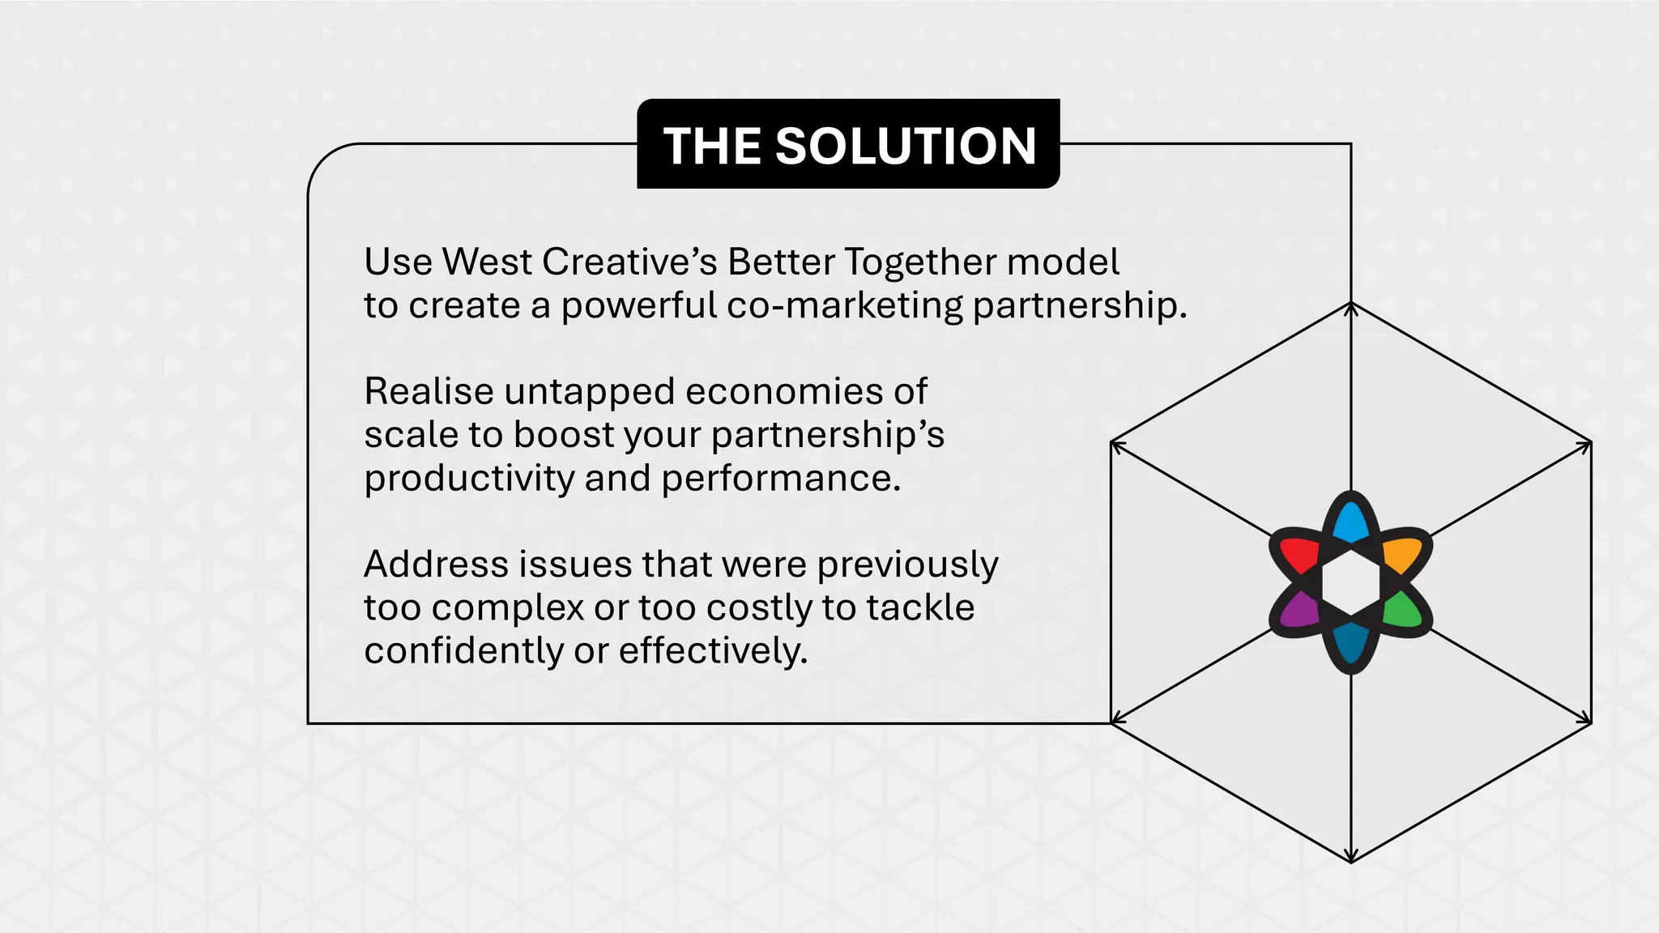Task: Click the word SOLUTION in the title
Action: click(906, 147)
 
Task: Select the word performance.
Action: click(781, 479)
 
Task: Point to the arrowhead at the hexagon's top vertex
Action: click(1350, 308)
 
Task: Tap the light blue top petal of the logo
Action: click(1350, 523)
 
